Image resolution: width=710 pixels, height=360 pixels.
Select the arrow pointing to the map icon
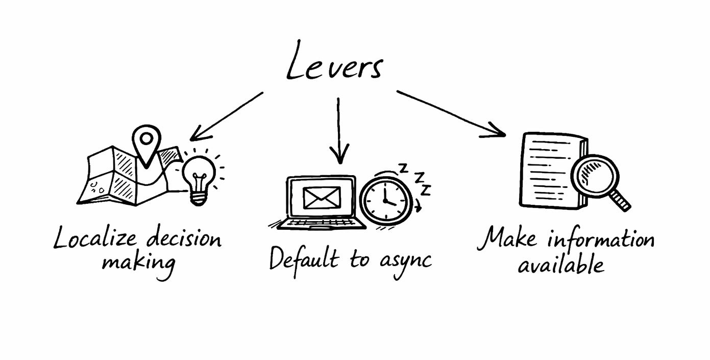(x=227, y=115)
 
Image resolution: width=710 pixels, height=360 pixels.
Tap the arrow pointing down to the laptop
(x=338, y=131)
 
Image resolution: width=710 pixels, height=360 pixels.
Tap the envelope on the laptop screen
(x=322, y=198)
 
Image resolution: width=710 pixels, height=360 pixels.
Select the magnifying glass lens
(x=594, y=173)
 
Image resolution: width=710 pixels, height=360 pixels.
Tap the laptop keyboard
(x=319, y=223)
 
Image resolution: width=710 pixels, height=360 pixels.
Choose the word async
(x=406, y=261)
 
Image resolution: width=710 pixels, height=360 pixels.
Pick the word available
(x=561, y=264)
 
